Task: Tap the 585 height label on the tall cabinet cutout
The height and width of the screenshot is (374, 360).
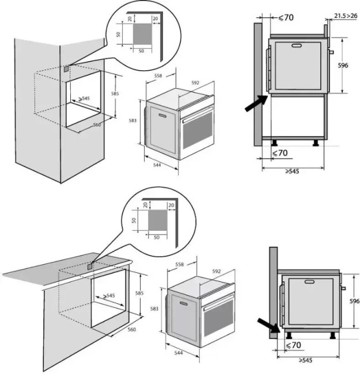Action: coord(115,94)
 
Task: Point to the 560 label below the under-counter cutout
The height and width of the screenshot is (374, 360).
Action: coord(131,330)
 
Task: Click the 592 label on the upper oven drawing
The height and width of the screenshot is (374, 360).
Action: coord(195,83)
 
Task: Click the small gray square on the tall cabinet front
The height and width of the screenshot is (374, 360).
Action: coord(66,68)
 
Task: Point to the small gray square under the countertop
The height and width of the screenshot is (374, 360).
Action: coord(89,266)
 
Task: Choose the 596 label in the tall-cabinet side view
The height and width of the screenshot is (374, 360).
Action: coord(343,66)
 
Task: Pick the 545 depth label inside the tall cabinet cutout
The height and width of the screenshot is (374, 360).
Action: coord(85,99)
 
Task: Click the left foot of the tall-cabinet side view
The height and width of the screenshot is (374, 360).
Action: coord(276,142)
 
